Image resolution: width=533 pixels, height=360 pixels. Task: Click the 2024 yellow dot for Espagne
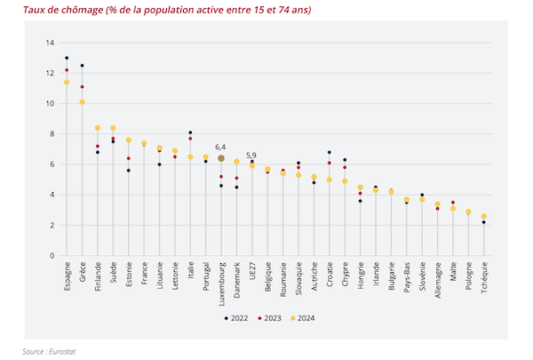[x=67, y=83]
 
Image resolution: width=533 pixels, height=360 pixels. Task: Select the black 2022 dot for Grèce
[x=82, y=65]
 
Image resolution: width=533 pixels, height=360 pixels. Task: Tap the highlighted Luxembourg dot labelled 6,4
[x=221, y=158]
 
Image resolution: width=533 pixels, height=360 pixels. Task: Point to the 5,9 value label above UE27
[x=251, y=155]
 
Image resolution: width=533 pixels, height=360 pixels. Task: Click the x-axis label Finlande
[x=98, y=279]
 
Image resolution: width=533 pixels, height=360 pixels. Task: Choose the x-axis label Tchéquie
[x=484, y=279]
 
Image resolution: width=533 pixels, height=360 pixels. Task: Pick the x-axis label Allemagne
[x=438, y=282]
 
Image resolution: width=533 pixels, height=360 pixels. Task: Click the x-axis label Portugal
[x=206, y=279]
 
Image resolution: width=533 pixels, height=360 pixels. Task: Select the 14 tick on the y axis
[x=52, y=43]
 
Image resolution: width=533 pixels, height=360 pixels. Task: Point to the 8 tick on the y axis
[x=52, y=134]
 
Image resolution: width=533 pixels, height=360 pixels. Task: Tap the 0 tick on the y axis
[x=52, y=256]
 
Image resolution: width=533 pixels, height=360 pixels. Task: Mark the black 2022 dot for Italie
[x=190, y=132]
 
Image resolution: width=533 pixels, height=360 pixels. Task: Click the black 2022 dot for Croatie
[x=330, y=152]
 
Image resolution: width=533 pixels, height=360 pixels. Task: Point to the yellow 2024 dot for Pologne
[x=468, y=212]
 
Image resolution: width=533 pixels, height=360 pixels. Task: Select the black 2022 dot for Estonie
[x=129, y=171]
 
